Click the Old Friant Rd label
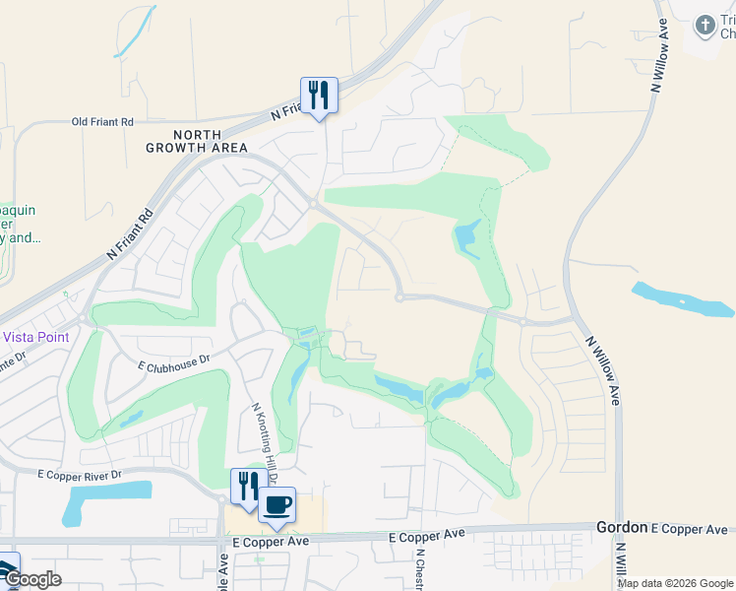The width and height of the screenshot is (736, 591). [102, 122]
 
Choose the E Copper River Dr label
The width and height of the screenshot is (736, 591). [79, 475]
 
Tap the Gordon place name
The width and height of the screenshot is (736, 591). [622, 528]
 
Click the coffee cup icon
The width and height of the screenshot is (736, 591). [277, 504]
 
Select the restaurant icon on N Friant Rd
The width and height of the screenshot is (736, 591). [318, 96]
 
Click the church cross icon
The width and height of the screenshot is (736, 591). [705, 26]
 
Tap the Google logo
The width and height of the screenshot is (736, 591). [31, 579]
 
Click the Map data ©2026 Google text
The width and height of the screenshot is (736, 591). [675, 583]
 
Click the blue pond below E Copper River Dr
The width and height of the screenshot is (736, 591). [105, 503]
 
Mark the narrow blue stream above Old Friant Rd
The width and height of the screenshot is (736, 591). [136, 33]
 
